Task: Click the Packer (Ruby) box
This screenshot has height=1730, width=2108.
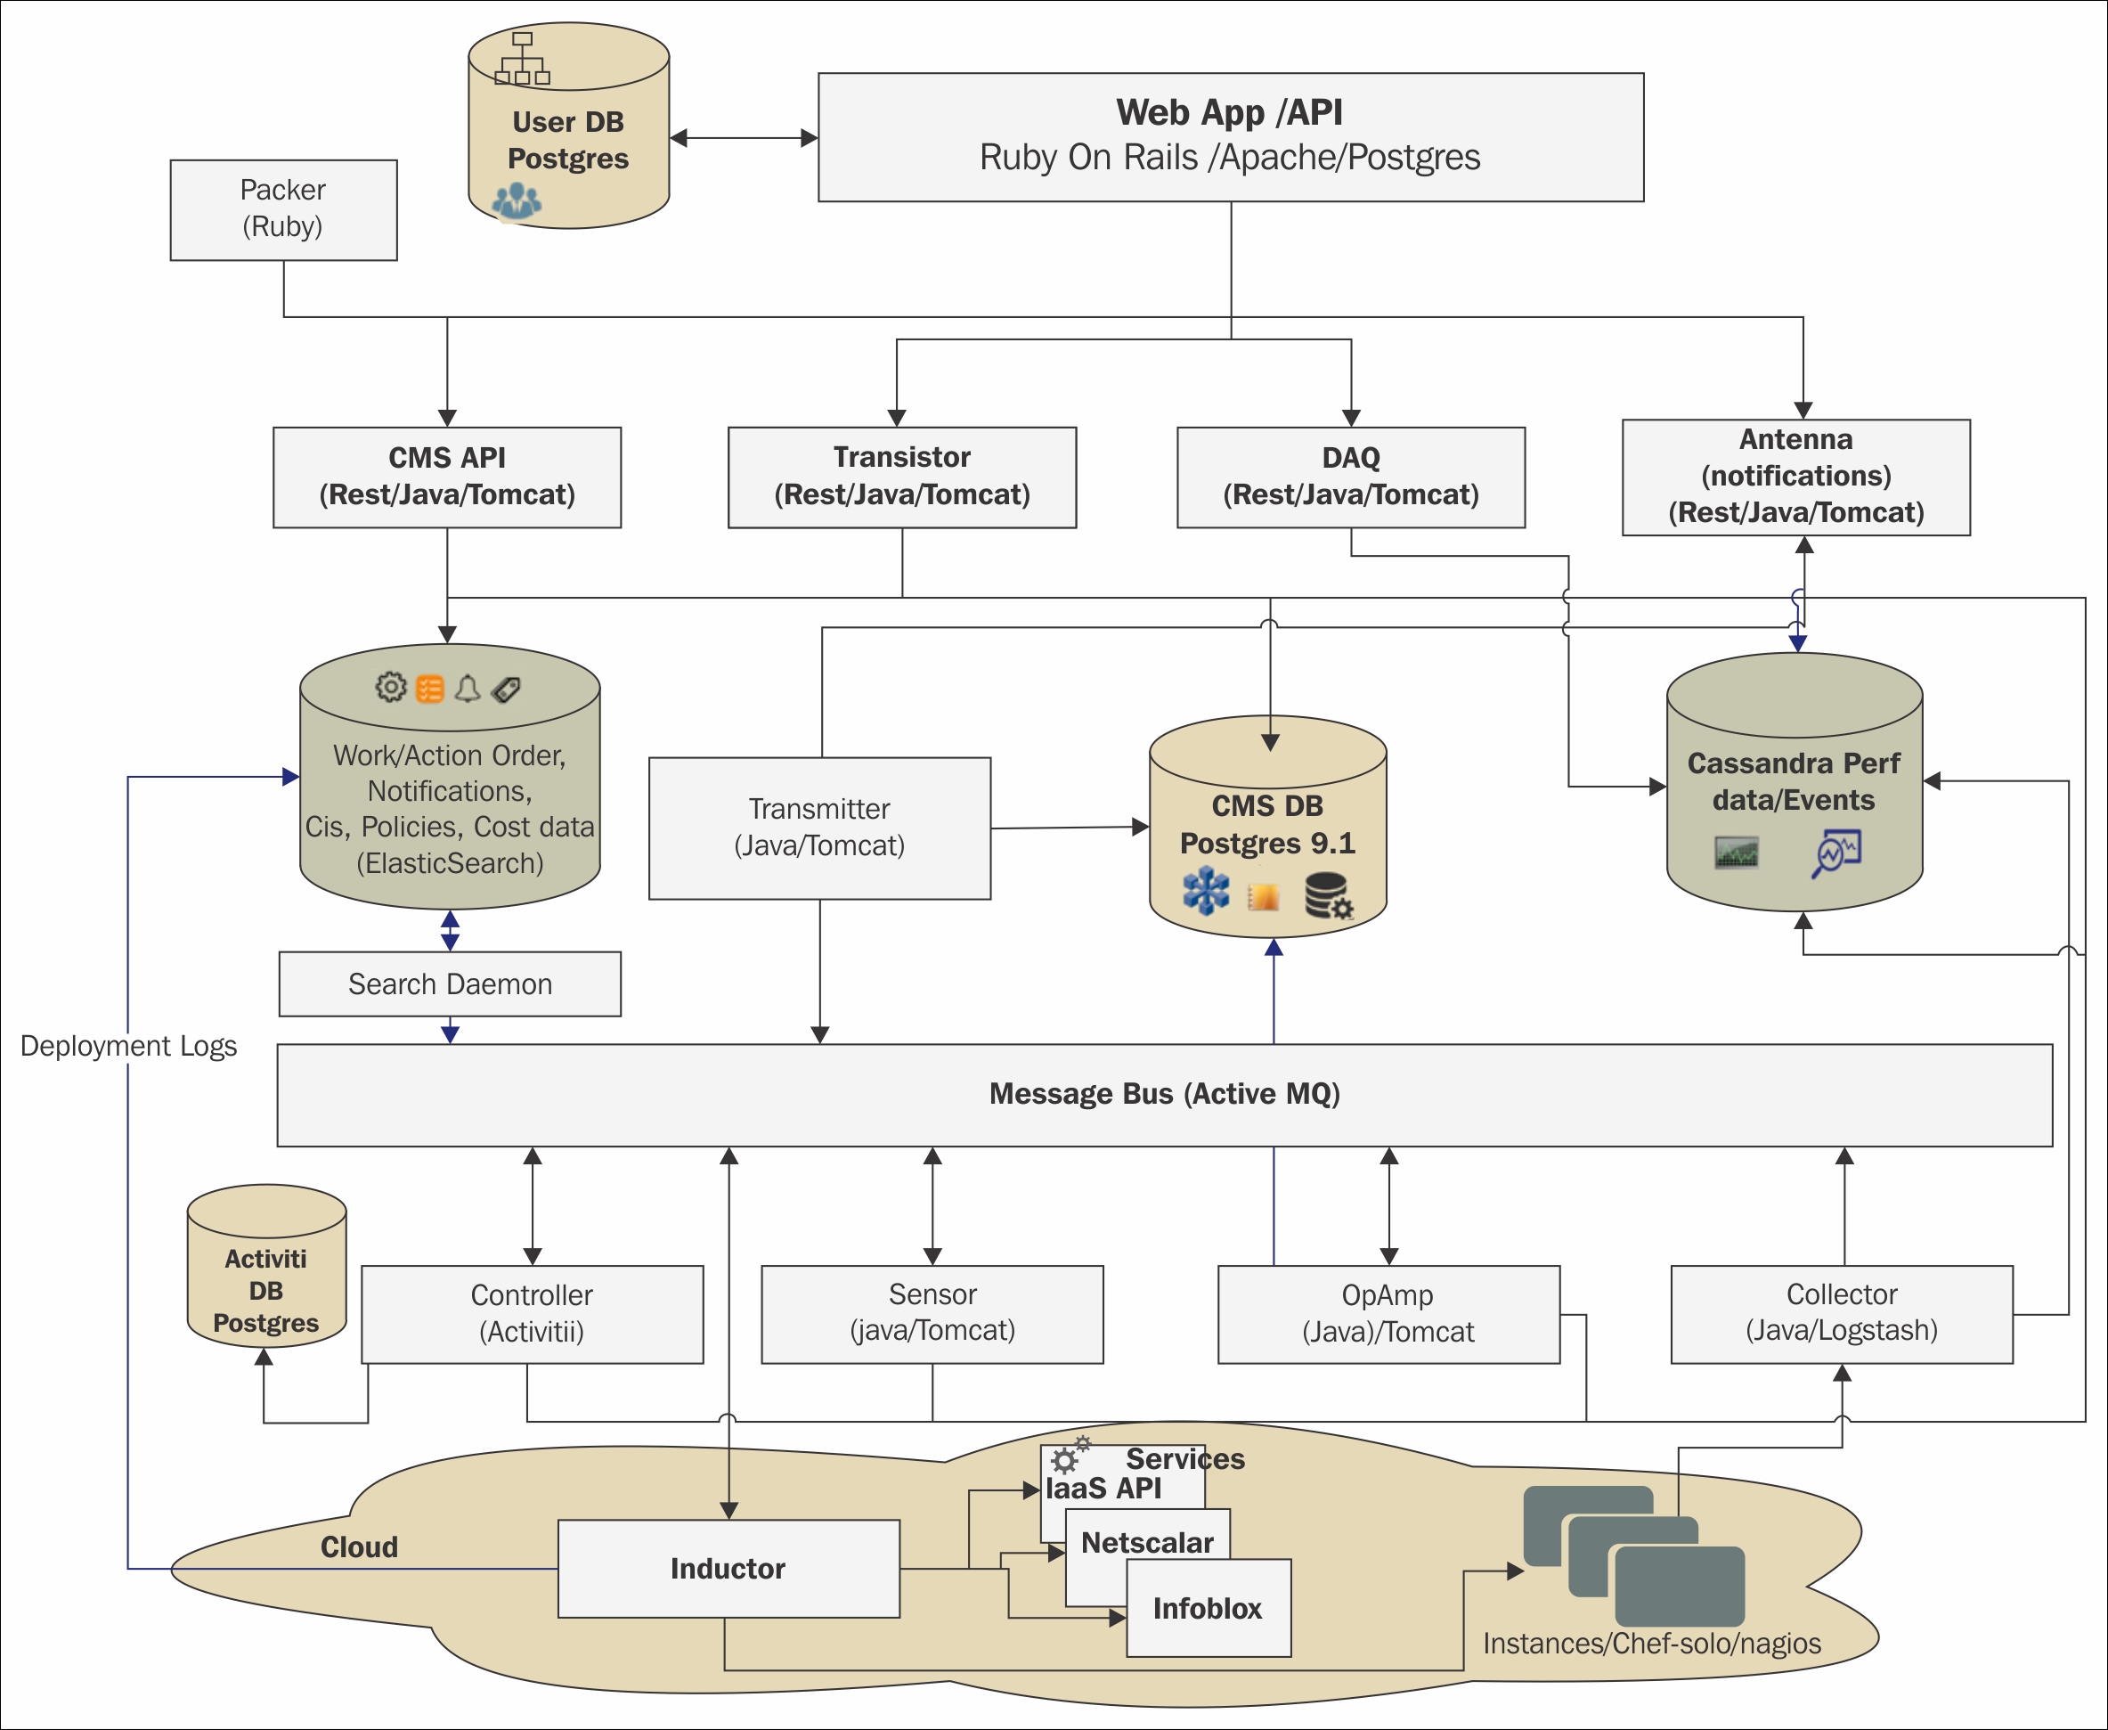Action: pyautogui.click(x=283, y=209)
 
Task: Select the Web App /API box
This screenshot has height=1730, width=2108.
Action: pyautogui.click(x=1230, y=136)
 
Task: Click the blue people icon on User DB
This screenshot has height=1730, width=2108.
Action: pyautogui.click(x=517, y=200)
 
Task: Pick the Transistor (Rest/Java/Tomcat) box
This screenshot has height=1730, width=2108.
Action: pyautogui.click(x=901, y=477)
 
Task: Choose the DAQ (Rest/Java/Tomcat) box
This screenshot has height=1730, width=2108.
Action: pyautogui.click(x=1350, y=477)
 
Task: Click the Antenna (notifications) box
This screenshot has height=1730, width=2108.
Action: pyautogui.click(x=1795, y=477)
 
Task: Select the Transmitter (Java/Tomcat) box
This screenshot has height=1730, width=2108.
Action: pyautogui.click(x=819, y=827)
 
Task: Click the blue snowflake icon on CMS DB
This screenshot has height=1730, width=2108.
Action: pyautogui.click(x=1206, y=890)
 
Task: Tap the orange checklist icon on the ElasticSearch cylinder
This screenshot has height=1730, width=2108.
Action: pyautogui.click(x=429, y=689)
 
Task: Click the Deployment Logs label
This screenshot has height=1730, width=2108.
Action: pyautogui.click(x=128, y=1045)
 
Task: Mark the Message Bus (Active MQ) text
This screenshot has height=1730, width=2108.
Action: pyautogui.click(x=1164, y=1093)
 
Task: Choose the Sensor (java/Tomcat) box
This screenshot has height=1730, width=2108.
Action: pyautogui.click(x=932, y=1312)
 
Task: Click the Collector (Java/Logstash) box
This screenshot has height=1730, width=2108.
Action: pyautogui.click(x=1841, y=1312)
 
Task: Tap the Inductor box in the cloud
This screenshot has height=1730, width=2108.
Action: pyautogui.click(x=728, y=1569)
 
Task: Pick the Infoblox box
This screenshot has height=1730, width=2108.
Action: pyautogui.click(x=1208, y=1609)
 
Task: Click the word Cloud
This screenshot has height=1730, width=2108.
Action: pyautogui.click(x=359, y=1546)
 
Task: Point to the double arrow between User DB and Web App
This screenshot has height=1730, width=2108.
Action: pyautogui.click(x=743, y=137)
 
